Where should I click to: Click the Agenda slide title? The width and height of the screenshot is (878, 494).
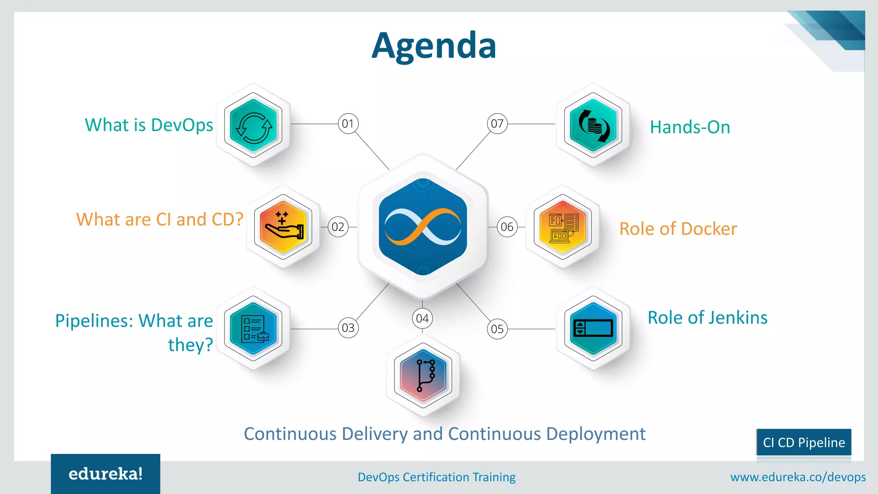pos(434,45)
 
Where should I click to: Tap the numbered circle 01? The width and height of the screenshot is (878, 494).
pos(348,124)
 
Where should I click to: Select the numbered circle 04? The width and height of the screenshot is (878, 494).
pos(422,319)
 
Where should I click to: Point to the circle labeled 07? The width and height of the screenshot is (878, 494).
pos(497,124)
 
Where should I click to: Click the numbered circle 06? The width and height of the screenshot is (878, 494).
pos(507,227)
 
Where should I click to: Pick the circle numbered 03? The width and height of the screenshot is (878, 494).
pos(348,328)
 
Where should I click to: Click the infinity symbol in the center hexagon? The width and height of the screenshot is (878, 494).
pos(423,227)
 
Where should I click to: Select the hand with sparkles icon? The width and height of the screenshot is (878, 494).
pos(283,226)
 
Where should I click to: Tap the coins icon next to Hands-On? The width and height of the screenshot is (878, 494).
pos(594,126)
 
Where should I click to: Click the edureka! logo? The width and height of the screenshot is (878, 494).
pos(105,474)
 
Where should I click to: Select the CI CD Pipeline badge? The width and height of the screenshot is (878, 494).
pos(804,443)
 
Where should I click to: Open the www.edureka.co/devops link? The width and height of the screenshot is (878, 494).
pos(798,477)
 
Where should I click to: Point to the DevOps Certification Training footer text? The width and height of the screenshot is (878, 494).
pos(436,477)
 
